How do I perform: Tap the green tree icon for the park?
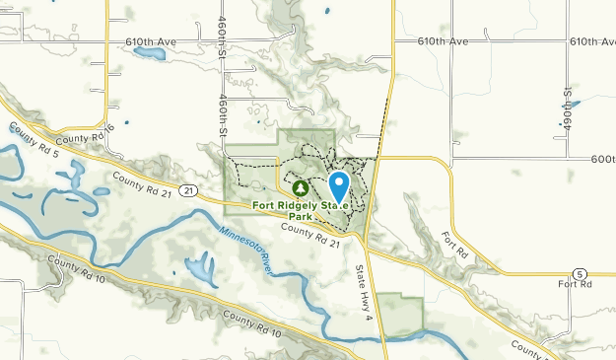tap(301, 186)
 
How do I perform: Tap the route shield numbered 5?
tap(580, 273)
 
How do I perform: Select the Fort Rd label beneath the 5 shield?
tap(573, 285)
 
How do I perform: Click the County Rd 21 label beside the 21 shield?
tap(143, 181)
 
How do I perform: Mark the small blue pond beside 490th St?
tap(574, 102)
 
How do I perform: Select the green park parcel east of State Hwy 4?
tap(400, 313)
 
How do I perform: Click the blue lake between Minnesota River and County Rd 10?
tap(200, 266)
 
